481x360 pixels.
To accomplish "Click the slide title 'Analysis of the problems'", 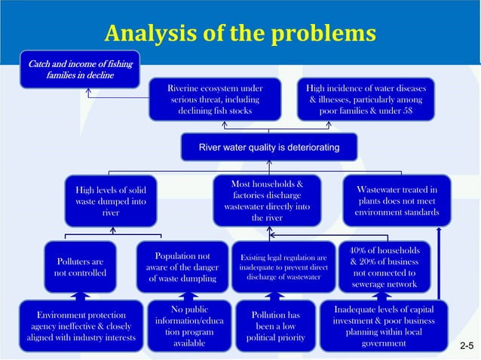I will coord(240,33).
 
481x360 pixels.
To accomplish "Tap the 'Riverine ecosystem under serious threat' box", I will coord(215,99).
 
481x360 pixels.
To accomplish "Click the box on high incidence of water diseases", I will coord(366,99).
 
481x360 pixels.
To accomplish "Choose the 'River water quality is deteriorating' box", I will coord(268,146).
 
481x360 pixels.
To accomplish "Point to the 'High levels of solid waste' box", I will coord(111,200).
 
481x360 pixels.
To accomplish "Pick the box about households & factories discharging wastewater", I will coord(268,200).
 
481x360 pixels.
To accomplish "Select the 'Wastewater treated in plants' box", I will coord(397,200).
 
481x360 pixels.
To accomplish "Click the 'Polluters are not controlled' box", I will coord(80,267).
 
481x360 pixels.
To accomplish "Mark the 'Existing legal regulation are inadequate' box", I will coord(283,267).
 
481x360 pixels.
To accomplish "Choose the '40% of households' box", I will coord(384,267).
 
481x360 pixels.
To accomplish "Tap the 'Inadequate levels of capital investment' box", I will coord(384,326).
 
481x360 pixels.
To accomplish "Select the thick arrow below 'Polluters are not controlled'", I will coord(80,295).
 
